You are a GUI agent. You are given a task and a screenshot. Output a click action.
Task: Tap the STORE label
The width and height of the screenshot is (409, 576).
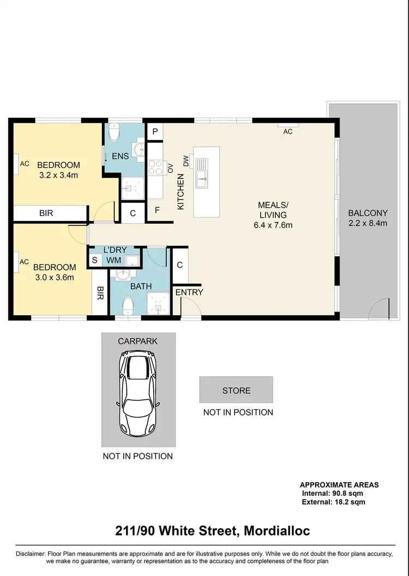tap(236, 391)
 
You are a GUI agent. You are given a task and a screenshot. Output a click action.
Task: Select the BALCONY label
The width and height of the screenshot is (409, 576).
tap(368, 213)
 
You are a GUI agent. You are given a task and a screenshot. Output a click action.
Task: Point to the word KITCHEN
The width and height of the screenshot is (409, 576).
tap(181, 191)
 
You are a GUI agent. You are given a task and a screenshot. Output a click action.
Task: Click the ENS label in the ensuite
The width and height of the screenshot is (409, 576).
tap(120, 157)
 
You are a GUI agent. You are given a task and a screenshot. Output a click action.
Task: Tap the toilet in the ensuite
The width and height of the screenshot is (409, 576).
tap(114, 132)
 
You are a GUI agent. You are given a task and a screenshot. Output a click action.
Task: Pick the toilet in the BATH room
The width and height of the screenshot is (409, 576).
tap(128, 306)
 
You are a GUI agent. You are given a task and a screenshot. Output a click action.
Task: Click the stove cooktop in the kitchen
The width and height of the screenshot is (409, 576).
tap(154, 166)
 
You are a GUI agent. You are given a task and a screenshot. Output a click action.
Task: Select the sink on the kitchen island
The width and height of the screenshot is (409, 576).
tap(202, 169)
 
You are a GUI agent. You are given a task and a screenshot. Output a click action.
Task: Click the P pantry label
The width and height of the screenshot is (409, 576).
tap(155, 131)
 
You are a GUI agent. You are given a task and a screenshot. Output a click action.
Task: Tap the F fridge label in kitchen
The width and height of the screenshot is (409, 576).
tap(157, 210)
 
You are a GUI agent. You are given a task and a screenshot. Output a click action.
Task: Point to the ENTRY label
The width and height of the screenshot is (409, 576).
tap(189, 292)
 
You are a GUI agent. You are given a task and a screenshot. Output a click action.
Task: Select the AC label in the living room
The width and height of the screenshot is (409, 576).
tap(288, 131)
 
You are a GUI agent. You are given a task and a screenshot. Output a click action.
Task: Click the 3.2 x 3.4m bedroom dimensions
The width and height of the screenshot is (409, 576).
tap(58, 175)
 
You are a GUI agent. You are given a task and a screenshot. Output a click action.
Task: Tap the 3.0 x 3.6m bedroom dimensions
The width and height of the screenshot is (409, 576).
tap(54, 277)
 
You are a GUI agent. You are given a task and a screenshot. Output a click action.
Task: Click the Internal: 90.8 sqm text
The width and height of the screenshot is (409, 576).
tap(333, 493)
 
